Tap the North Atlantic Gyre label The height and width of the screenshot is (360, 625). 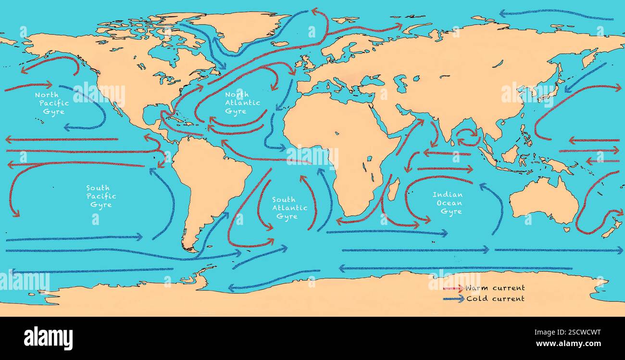[243, 103]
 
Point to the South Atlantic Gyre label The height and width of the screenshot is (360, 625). [289, 208]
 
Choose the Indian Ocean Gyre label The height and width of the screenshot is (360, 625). [447, 203]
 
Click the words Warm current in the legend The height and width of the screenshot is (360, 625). [495, 288]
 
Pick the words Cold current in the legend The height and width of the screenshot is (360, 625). [495, 298]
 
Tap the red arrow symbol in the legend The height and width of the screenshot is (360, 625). [453, 288]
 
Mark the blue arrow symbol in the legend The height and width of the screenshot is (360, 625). [453, 299]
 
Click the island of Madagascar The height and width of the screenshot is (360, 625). [393, 189]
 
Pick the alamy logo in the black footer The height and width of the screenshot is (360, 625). [48, 338]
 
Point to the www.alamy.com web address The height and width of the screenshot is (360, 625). [570, 344]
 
